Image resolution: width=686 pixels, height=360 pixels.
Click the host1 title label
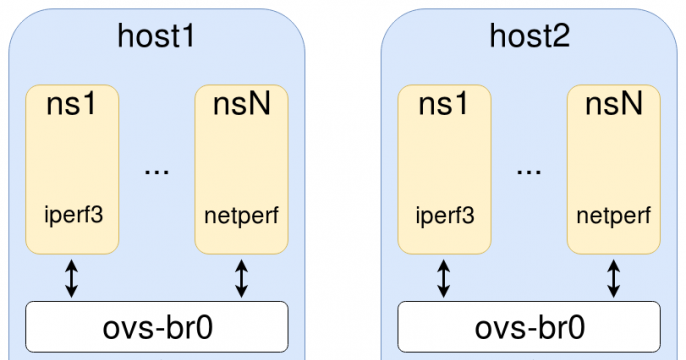(x=156, y=36)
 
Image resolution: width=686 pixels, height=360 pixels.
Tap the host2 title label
(x=529, y=36)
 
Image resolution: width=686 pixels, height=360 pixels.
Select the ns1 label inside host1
(x=71, y=104)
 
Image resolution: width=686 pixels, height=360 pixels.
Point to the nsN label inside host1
(x=242, y=104)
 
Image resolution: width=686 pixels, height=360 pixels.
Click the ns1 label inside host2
(x=444, y=104)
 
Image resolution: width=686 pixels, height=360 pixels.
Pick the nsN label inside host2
(x=614, y=104)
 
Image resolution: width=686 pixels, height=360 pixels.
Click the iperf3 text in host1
(x=74, y=216)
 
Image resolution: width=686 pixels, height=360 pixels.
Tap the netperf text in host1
(x=242, y=216)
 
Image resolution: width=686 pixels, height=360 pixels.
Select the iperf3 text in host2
(x=445, y=216)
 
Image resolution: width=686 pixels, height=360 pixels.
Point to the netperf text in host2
(x=614, y=216)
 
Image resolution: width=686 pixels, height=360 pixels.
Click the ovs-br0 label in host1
(x=158, y=328)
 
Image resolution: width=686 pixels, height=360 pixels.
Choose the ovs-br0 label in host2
(x=530, y=328)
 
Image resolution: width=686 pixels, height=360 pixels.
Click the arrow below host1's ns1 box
(x=71, y=279)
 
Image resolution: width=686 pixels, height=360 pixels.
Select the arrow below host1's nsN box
(x=242, y=279)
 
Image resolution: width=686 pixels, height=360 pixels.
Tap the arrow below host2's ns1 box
(x=444, y=279)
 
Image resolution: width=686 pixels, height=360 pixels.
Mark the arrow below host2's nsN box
(x=614, y=279)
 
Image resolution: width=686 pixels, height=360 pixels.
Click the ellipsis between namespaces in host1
(x=157, y=172)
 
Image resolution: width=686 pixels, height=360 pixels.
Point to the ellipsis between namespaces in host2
(x=529, y=172)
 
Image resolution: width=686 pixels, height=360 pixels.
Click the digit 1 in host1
(x=186, y=36)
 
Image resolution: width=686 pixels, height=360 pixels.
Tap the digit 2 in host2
(x=561, y=36)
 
